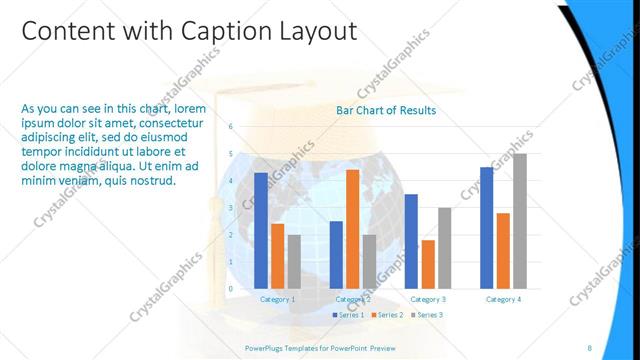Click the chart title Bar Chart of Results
386,111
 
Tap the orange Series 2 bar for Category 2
353,229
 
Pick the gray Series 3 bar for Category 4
519,221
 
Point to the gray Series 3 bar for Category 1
294,262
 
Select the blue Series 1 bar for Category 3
411,241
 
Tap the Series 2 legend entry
386,315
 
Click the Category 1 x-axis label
277,299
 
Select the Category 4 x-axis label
502,299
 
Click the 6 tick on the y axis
231,127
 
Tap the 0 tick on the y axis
231,289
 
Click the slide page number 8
589,347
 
